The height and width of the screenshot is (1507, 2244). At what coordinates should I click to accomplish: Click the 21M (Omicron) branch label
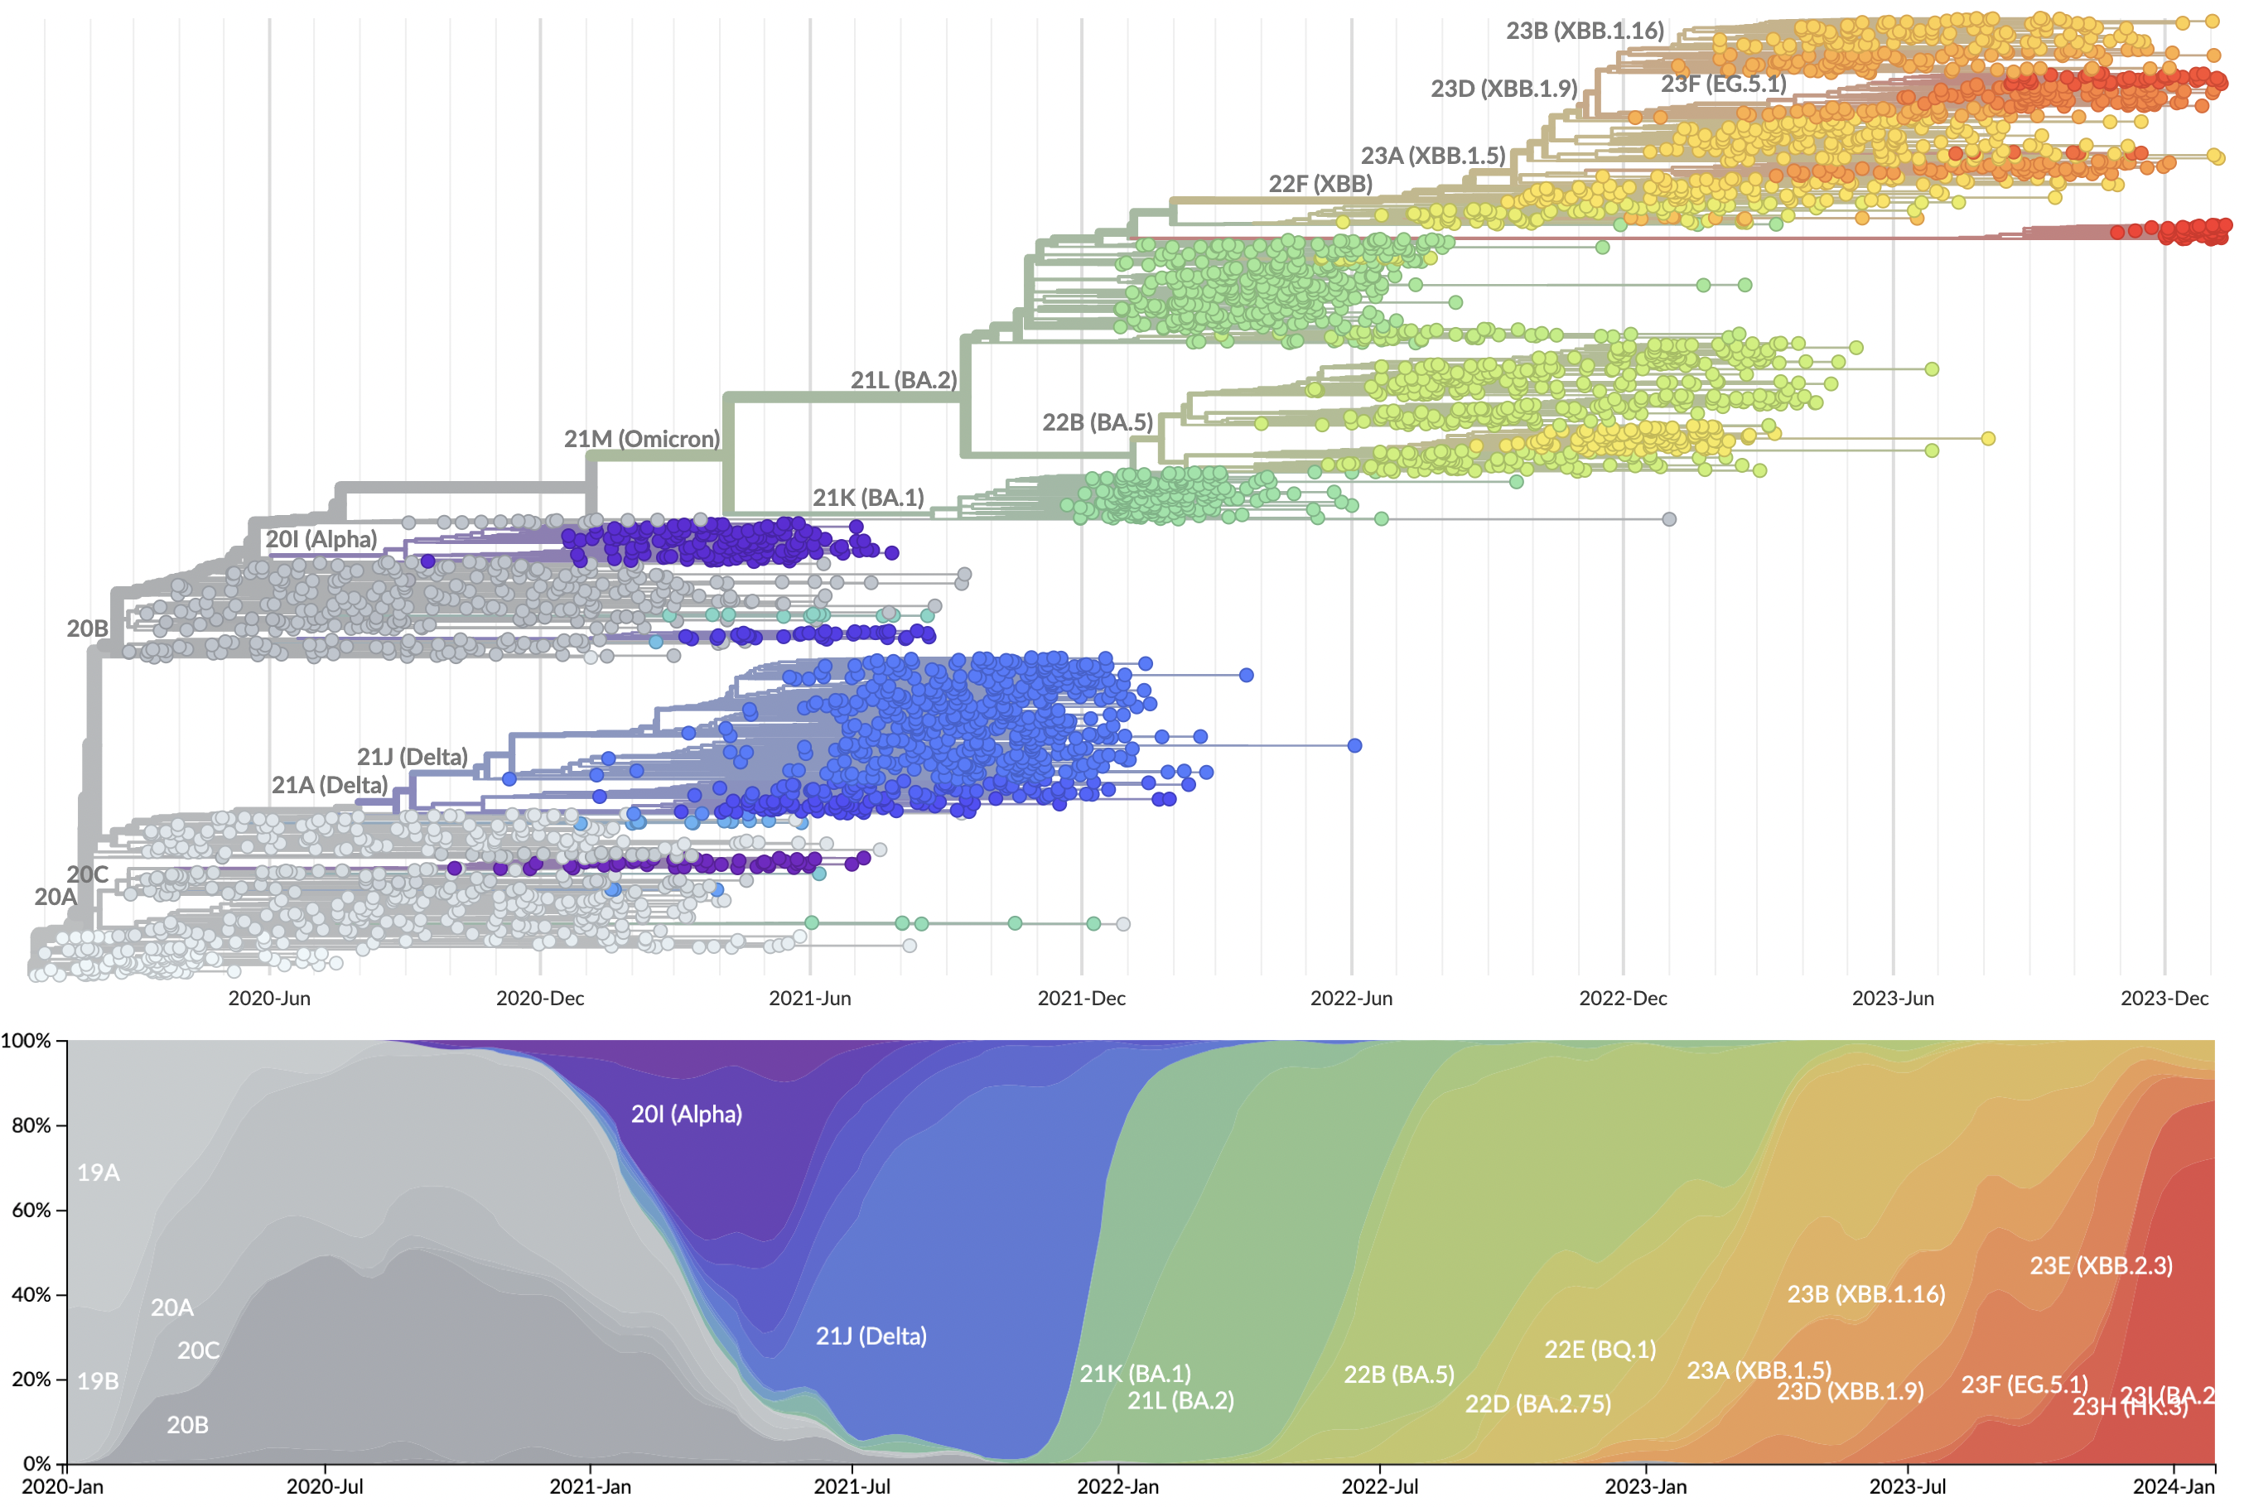pos(641,439)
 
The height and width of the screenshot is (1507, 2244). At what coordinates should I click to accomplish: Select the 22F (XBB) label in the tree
pos(1320,184)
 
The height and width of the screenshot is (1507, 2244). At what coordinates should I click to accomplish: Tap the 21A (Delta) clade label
pos(330,785)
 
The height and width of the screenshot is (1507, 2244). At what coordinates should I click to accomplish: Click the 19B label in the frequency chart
pos(98,1381)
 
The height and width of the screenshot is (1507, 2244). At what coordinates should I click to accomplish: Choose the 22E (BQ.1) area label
pos(1600,1350)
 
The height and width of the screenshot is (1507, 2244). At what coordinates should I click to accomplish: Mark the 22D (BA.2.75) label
pos(1537,1404)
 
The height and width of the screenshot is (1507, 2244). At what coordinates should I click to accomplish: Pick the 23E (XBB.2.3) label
pos(2101,1266)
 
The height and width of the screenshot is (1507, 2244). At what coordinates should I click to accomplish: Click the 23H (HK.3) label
pos(2129,1407)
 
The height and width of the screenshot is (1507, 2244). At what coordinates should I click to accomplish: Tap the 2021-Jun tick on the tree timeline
pos(809,999)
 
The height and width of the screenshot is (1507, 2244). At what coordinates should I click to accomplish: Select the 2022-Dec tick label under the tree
pos(1623,999)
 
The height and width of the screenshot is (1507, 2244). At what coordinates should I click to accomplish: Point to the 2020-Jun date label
pos(269,999)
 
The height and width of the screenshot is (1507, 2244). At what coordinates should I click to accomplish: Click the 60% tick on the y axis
pos(31,1210)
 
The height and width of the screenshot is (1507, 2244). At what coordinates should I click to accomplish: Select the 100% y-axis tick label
pos(26,1041)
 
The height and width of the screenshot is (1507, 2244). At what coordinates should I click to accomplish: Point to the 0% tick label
pos(36,1464)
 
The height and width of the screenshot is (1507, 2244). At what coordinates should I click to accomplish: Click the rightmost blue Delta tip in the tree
pos(1354,746)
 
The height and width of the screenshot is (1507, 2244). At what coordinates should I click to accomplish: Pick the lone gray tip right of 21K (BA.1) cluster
pos(1669,519)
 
